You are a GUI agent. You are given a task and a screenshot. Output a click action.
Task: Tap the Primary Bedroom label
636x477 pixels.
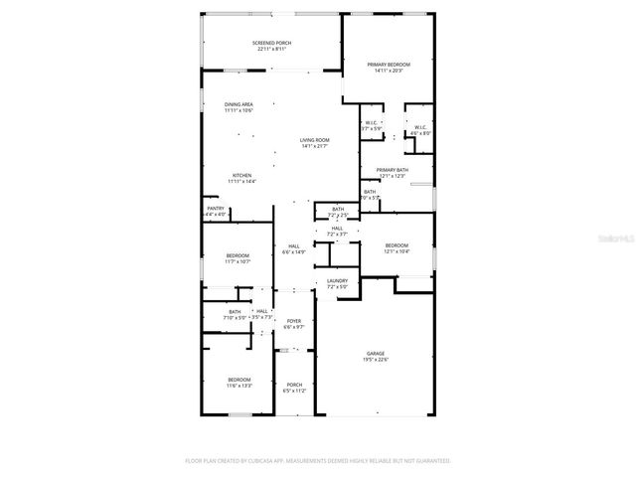(389, 64)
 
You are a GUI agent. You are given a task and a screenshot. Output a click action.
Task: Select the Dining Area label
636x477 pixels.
(238, 104)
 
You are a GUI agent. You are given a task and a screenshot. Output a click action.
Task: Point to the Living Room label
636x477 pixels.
(315, 140)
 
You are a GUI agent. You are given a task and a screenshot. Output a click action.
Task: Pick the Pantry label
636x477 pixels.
(216, 209)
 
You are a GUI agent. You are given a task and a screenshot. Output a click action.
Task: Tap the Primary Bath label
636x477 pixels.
(392, 170)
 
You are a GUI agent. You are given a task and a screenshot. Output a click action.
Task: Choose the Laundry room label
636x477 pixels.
(338, 281)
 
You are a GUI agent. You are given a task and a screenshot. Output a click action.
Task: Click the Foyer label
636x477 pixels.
(294, 321)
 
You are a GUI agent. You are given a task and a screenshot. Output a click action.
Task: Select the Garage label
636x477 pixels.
(376, 354)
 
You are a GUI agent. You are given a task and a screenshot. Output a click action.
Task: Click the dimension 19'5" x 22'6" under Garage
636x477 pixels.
(376, 360)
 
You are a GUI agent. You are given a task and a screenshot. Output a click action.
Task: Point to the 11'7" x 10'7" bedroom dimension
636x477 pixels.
(238, 262)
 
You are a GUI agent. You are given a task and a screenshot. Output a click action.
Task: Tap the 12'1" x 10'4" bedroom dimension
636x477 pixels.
(397, 251)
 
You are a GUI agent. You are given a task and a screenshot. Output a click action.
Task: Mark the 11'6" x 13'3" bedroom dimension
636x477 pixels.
(238, 386)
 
